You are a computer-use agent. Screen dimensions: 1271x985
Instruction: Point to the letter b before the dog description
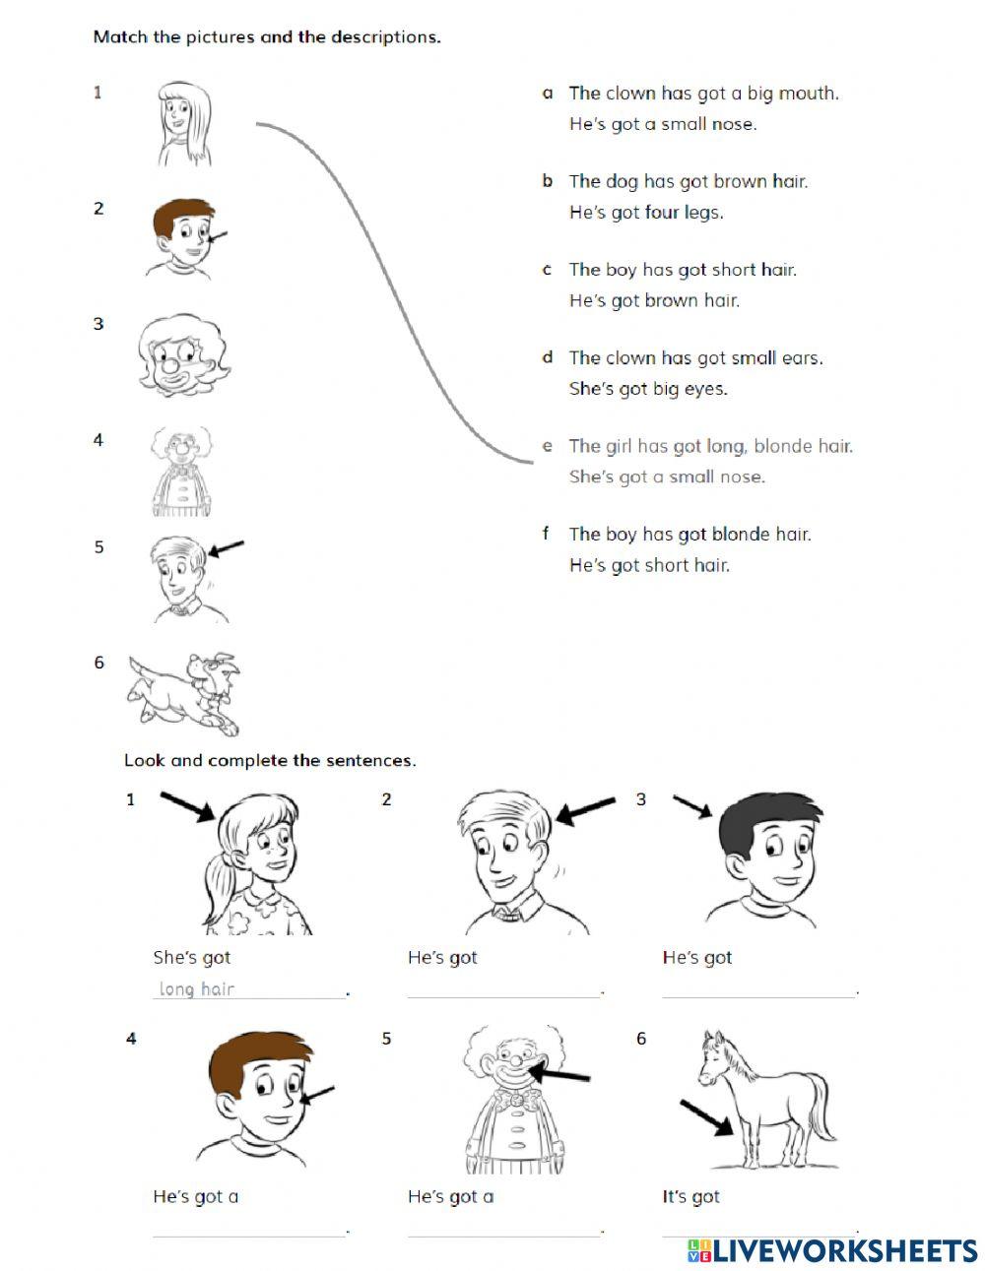(x=548, y=181)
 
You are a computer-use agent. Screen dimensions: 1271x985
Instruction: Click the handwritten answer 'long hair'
(x=197, y=988)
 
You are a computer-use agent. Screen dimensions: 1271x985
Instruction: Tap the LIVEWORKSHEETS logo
(x=832, y=1250)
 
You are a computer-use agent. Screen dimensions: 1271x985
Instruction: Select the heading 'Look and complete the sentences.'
(x=270, y=760)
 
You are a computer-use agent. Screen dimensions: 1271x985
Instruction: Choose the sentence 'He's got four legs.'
(x=645, y=213)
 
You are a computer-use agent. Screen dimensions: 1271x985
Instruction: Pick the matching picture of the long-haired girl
(x=184, y=123)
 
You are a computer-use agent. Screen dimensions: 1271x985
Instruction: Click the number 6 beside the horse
(x=641, y=1039)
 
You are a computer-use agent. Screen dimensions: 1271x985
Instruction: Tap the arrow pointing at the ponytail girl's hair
(x=187, y=806)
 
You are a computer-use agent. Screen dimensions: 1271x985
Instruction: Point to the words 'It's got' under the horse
(x=690, y=1196)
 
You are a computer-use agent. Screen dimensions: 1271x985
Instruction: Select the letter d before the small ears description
(x=548, y=357)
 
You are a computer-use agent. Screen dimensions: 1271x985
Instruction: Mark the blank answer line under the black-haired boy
(x=758, y=994)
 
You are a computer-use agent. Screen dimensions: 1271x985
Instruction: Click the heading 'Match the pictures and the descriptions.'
(x=267, y=37)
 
